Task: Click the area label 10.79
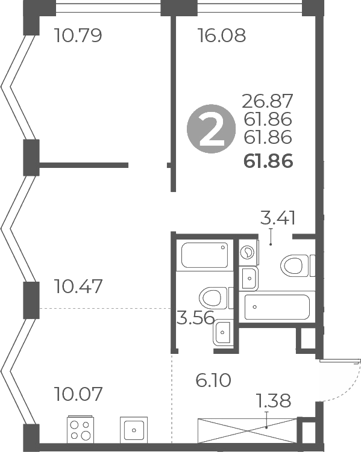78,36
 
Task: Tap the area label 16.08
222,36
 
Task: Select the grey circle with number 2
209,130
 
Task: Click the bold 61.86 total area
268,161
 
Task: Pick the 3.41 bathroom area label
278,217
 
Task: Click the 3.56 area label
195,318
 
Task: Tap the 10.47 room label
78,286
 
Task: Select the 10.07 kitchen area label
78,395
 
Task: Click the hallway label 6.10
214,380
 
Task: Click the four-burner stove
81,430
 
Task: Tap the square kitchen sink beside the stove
133,430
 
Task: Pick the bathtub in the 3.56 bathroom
205,255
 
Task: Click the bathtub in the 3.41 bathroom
277,306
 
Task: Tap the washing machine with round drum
248,253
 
